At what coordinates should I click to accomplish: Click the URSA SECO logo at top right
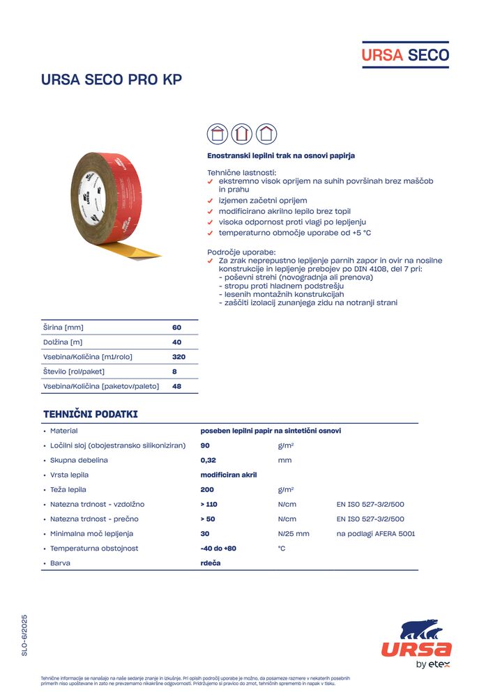tap(404, 54)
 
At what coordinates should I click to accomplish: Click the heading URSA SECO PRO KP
tap(112, 79)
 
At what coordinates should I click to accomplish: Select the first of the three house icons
tap(218, 133)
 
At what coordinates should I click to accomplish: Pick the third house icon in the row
tap(266, 133)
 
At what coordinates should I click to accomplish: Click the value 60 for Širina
tap(176, 328)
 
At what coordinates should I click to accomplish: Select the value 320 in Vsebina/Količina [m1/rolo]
tap(179, 357)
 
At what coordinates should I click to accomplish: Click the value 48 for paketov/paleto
tap(176, 386)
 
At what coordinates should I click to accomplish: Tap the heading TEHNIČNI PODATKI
tap(91, 414)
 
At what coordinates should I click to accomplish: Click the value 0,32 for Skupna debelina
tap(207, 460)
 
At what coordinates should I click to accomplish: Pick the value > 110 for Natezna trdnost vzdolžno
tap(209, 504)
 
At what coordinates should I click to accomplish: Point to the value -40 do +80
tap(218, 549)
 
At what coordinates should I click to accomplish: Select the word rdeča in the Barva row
tap(211, 563)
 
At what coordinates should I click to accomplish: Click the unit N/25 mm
tap(293, 534)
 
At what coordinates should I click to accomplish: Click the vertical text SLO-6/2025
tap(24, 635)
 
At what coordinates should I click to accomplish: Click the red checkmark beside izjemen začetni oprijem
tap(211, 201)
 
